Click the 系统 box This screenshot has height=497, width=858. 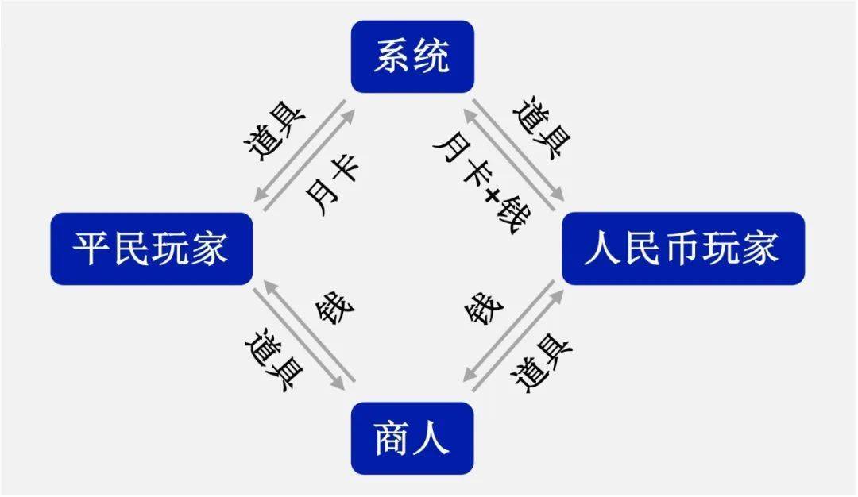pyautogui.click(x=412, y=56)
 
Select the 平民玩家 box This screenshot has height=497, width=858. pyautogui.click(x=152, y=248)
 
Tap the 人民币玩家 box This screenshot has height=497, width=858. pyautogui.click(x=683, y=248)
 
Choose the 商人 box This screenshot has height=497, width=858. pyautogui.click(x=412, y=438)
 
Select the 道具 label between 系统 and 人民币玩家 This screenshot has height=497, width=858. pyautogui.click(x=543, y=128)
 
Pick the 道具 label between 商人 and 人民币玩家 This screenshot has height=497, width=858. pyautogui.click(x=541, y=363)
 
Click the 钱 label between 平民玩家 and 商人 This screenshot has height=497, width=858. pyautogui.click(x=335, y=310)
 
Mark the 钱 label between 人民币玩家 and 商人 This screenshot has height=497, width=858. pyautogui.click(x=484, y=310)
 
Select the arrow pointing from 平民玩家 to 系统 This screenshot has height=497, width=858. pyautogui.click(x=310, y=160)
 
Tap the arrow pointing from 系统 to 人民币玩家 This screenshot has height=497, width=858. pyautogui.click(x=518, y=150)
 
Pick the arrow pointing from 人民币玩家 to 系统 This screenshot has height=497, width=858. pyautogui.click(x=509, y=160)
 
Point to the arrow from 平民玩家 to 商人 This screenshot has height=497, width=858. pyautogui.click(x=299, y=340)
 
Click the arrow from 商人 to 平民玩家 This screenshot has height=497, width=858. pyautogui.click(x=309, y=330)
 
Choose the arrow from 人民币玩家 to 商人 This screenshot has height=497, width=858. pyautogui.click(x=509, y=330)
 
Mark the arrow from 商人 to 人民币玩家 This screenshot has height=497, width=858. pyautogui.click(x=518, y=340)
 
